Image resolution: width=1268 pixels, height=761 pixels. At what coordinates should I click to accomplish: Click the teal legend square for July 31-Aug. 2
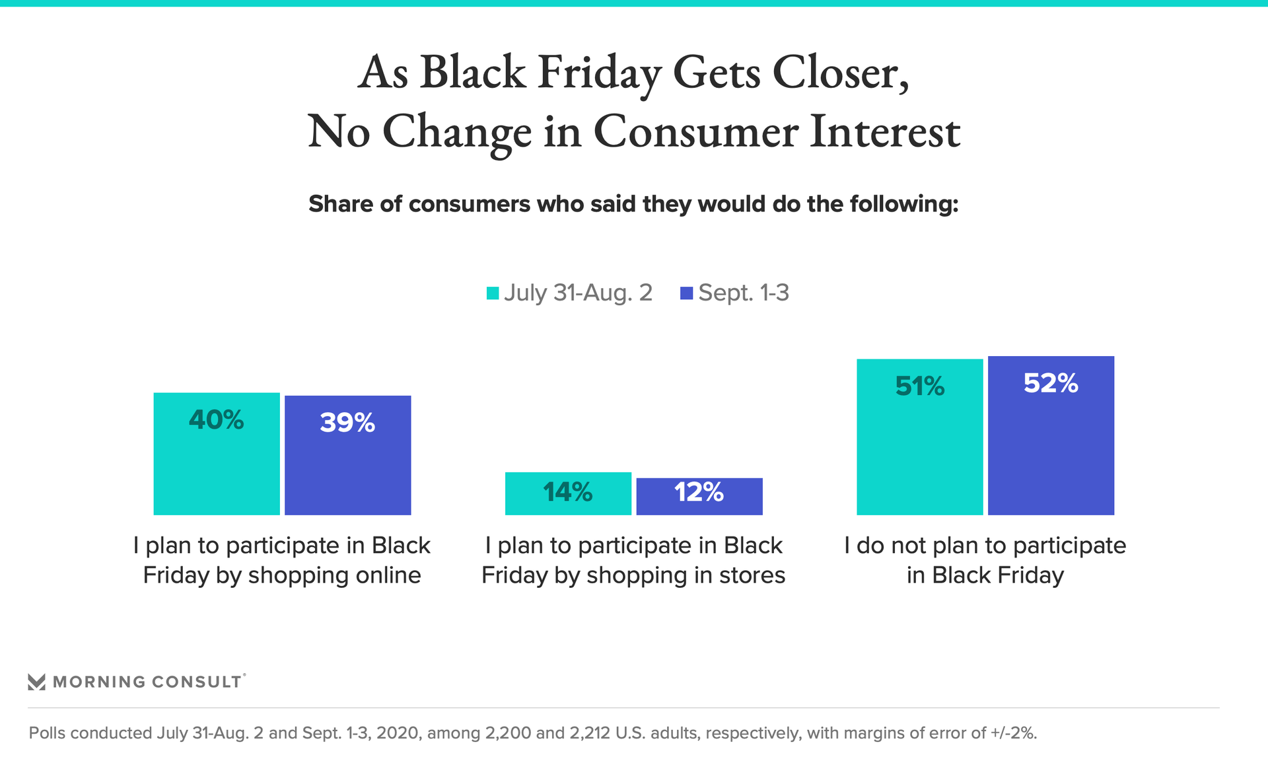[x=493, y=293]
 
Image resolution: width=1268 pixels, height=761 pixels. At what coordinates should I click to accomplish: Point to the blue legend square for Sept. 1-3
[x=687, y=293]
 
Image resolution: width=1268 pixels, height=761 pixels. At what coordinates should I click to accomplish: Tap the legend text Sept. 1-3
[x=744, y=293]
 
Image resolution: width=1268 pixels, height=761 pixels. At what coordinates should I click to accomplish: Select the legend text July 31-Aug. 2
[x=578, y=293]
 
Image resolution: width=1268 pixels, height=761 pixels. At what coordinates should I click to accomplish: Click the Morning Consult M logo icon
[x=37, y=682]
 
